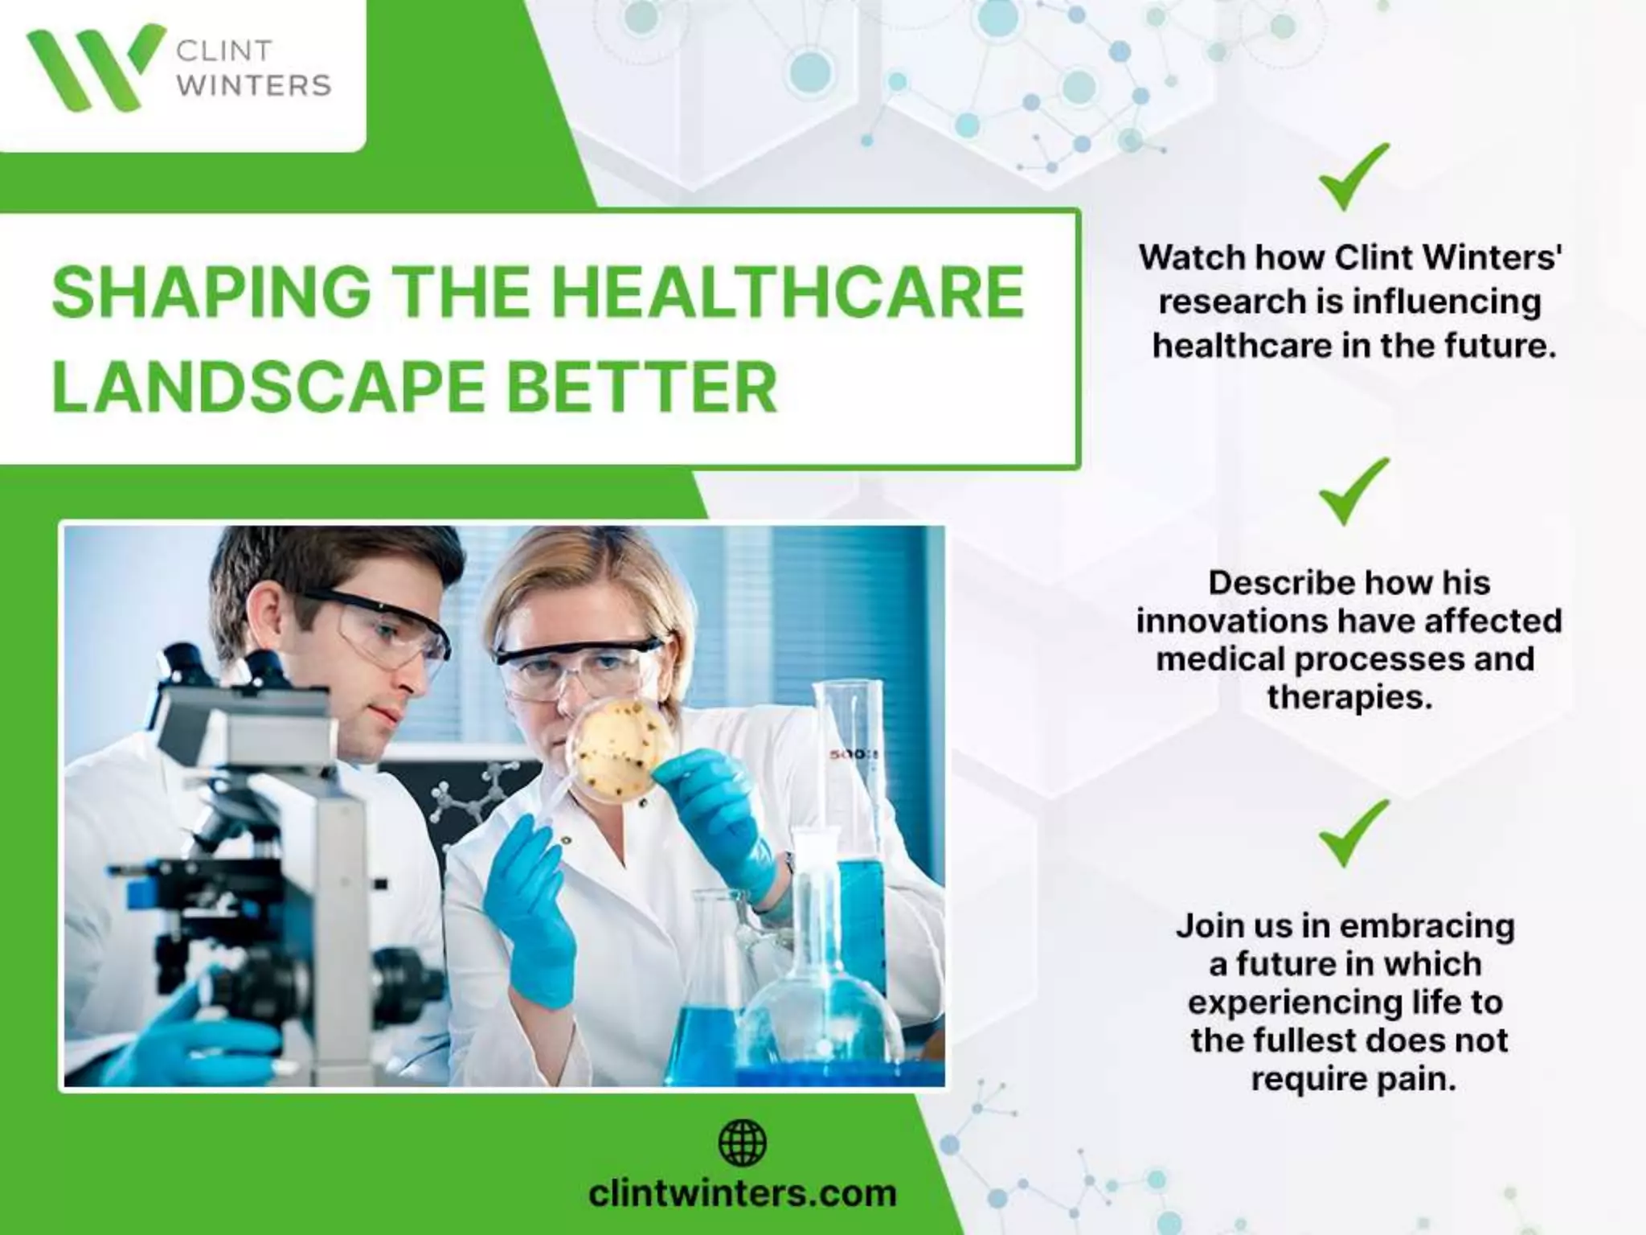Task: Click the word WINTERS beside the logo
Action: [253, 85]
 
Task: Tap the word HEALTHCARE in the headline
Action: [788, 293]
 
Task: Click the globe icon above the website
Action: [742, 1143]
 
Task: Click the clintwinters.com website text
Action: [742, 1192]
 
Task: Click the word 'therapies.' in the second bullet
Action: [1349, 697]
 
